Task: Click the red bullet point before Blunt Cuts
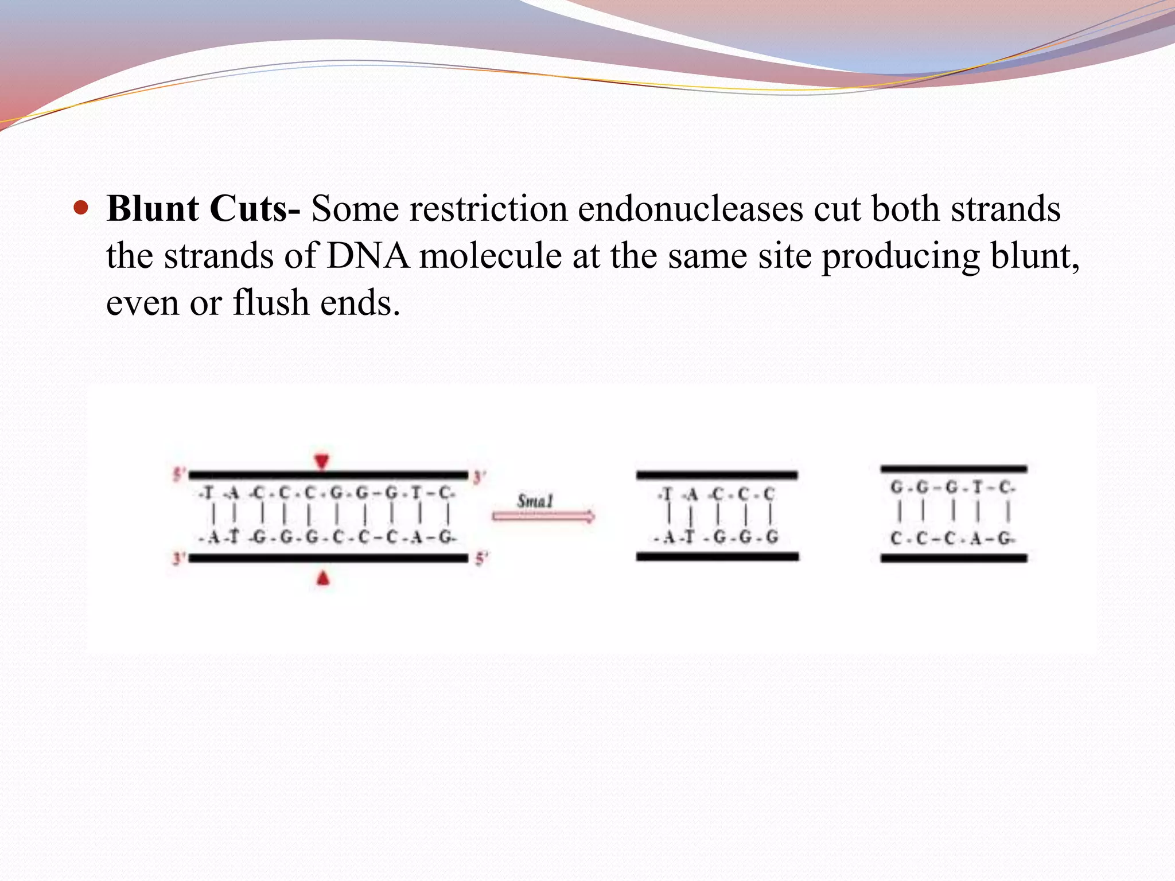81,208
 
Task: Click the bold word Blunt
153,209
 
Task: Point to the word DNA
368,256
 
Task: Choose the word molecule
491,256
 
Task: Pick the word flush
271,303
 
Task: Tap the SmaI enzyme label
535,501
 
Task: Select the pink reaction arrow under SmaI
543,517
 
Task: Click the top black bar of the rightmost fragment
954,469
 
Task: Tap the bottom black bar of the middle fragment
717,556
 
